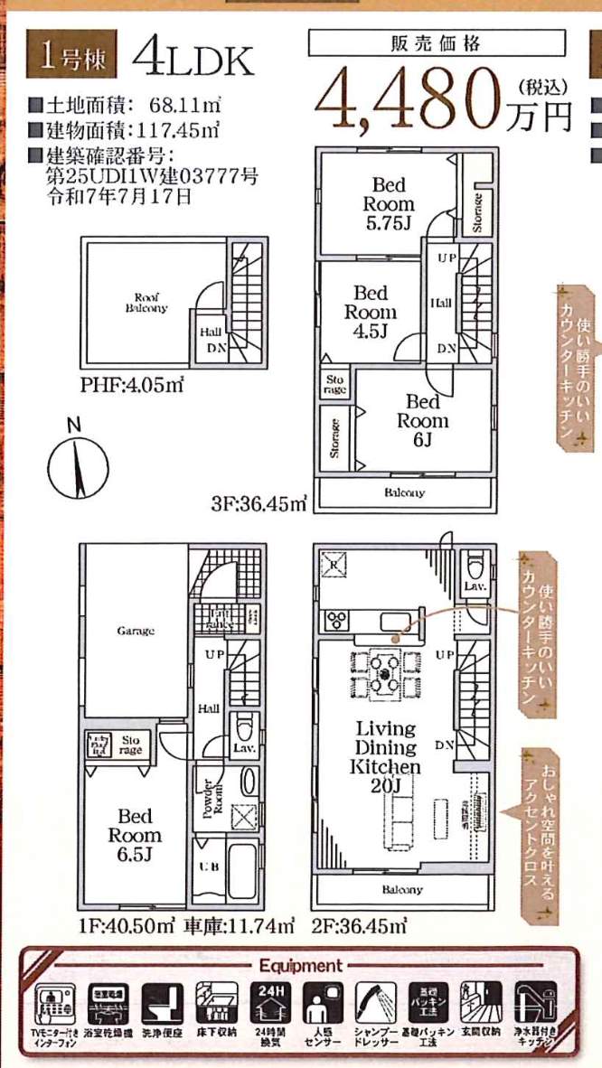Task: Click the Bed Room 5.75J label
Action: click(x=389, y=204)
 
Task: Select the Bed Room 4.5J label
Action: click(x=370, y=312)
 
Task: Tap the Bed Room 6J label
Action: click(x=422, y=420)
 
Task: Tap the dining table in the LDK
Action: click(x=385, y=674)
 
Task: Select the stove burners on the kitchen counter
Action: click(x=337, y=620)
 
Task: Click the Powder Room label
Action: click(x=208, y=795)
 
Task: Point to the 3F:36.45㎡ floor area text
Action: click(x=259, y=504)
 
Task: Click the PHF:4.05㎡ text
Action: click(x=132, y=386)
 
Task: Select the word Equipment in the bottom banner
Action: click(x=300, y=965)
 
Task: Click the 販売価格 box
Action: click(x=436, y=43)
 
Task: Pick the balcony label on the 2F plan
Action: click(x=402, y=889)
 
